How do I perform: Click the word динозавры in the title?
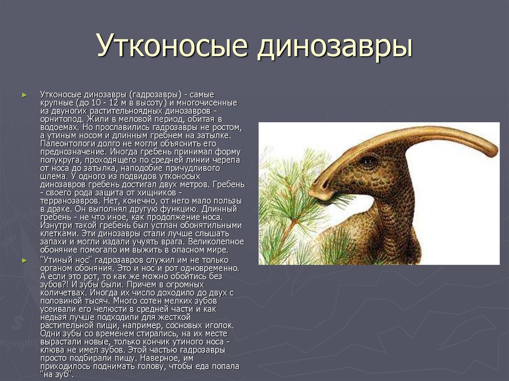click(x=335, y=45)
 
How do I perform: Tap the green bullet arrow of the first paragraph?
click(x=24, y=95)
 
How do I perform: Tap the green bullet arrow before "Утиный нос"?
click(x=24, y=260)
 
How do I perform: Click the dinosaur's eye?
click(x=368, y=160)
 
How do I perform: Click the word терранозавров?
click(x=68, y=201)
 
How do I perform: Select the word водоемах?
click(x=60, y=127)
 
